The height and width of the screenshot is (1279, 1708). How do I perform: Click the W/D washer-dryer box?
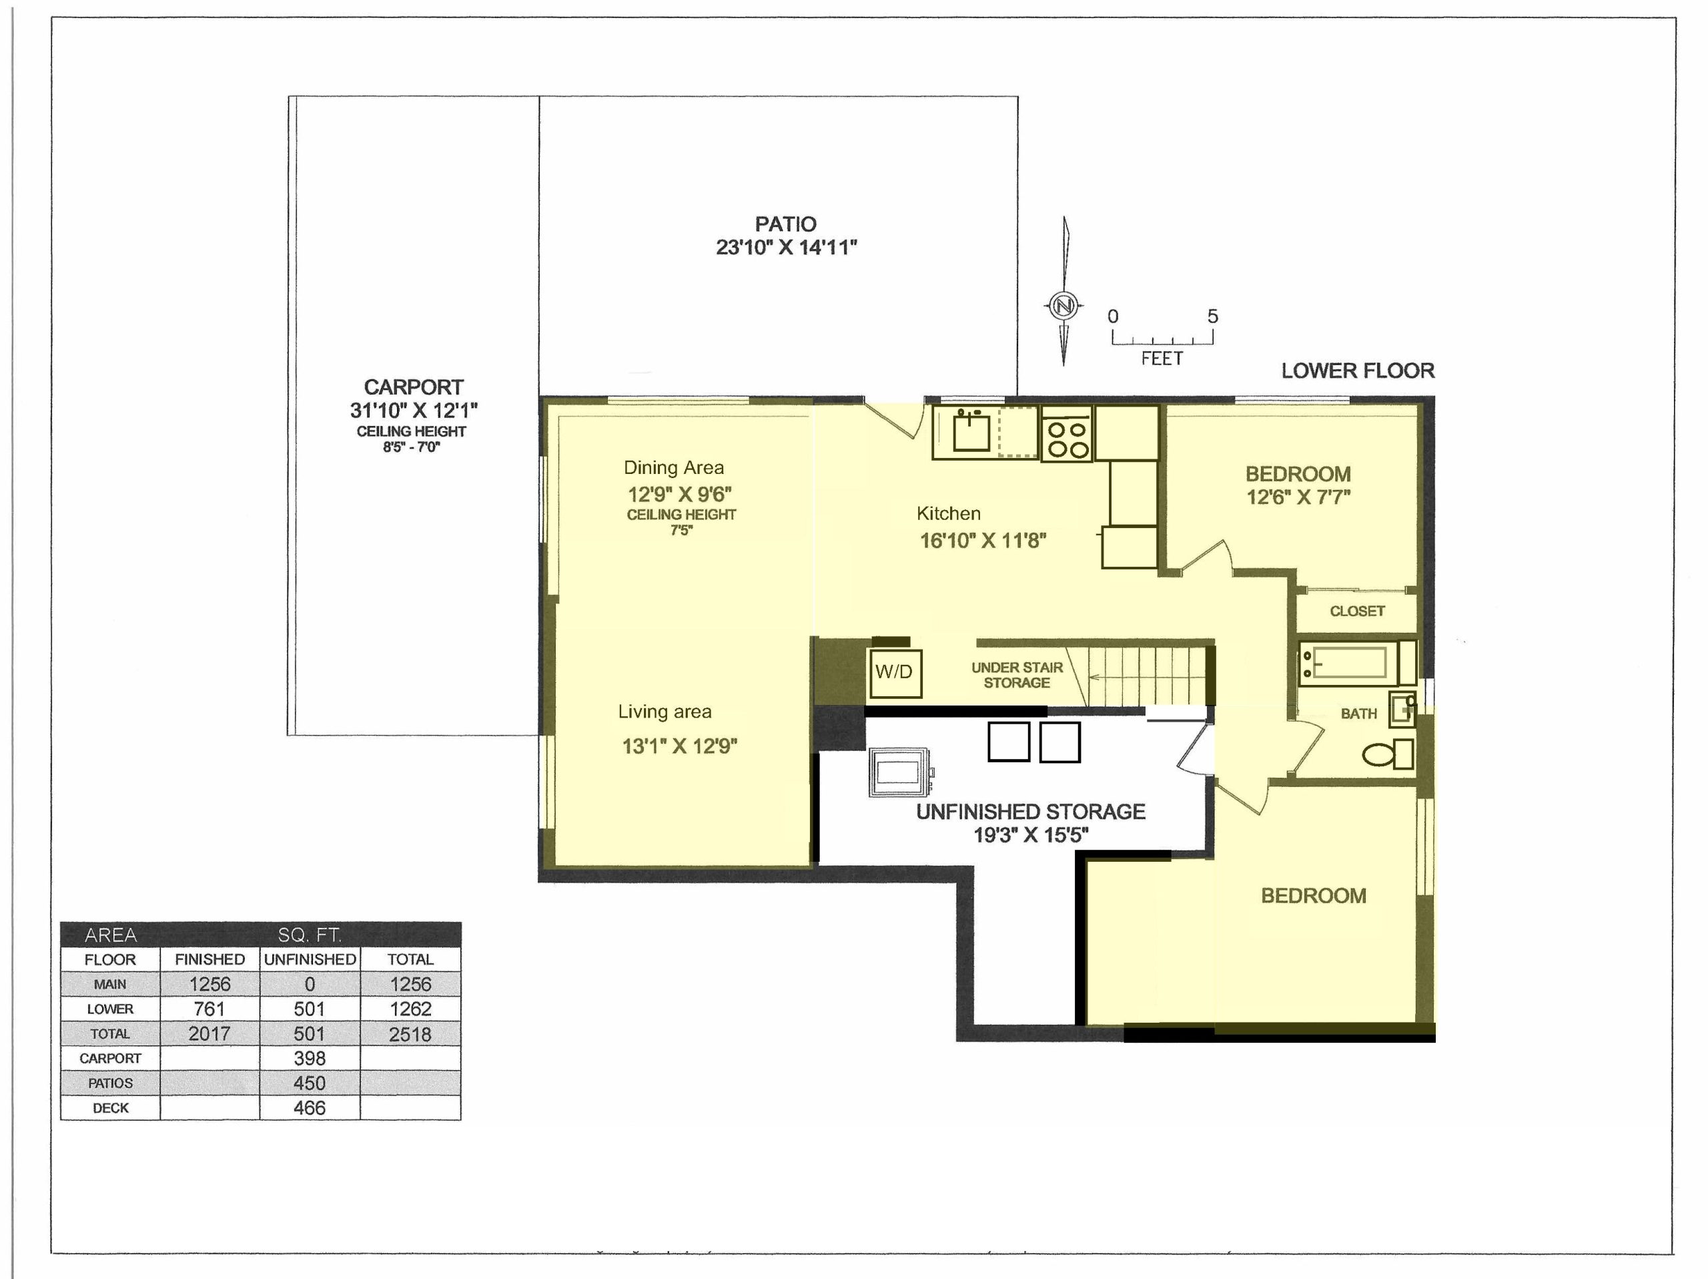[895, 672]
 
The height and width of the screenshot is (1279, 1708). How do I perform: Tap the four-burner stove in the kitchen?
[1066, 438]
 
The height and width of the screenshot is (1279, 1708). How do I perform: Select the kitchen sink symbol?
[971, 431]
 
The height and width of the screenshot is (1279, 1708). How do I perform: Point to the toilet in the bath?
[1388, 754]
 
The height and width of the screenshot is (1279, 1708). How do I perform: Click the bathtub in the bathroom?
[1356, 662]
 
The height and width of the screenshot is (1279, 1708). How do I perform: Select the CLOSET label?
[1356, 611]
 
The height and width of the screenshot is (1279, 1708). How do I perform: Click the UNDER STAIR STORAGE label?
[1017, 675]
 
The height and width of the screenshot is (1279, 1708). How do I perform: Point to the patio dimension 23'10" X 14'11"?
[786, 247]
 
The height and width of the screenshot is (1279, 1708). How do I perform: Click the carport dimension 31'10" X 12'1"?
[414, 410]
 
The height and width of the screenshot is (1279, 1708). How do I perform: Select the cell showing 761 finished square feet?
[209, 1009]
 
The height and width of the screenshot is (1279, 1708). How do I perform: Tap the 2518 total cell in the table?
[410, 1034]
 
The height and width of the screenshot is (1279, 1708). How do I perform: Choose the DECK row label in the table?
[110, 1107]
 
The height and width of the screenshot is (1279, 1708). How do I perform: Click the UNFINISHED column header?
[310, 959]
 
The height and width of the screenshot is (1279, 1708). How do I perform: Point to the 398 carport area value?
[310, 1058]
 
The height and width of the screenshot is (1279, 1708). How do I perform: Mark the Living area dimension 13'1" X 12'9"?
[679, 746]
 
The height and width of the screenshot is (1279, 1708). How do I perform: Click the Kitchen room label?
[948, 513]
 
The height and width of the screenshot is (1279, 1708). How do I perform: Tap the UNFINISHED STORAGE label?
[1031, 812]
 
